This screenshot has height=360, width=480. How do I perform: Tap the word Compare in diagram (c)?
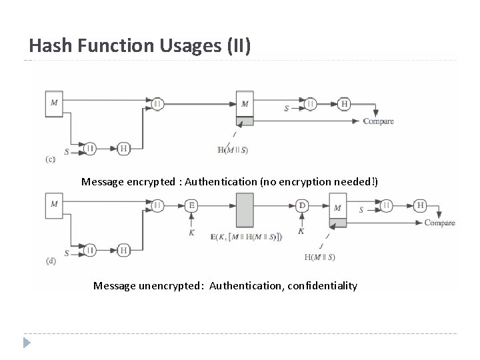[x=378, y=121]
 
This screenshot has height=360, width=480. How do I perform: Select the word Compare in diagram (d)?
[x=440, y=223]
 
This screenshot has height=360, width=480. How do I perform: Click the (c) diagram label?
[x=50, y=159]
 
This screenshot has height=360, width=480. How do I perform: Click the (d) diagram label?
[x=50, y=261]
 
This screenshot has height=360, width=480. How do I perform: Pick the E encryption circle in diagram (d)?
[x=192, y=205]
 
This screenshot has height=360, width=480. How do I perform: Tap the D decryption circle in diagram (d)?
[x=302, y=205]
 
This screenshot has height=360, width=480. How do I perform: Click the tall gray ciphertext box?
[x=245, y=210]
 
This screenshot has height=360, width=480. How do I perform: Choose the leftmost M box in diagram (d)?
[x=54, y=203]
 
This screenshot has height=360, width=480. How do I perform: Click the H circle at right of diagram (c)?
[x=344, y=103]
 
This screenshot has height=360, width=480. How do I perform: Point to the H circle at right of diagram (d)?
[x=420, y=205]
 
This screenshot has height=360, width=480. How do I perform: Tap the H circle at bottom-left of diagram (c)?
[x=123, y=148]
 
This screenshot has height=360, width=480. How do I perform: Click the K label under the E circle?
[x=192, y=233]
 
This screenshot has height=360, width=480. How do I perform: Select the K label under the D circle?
[x=301, y=231]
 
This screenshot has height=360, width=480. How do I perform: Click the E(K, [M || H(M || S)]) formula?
[x=245, y=237]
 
